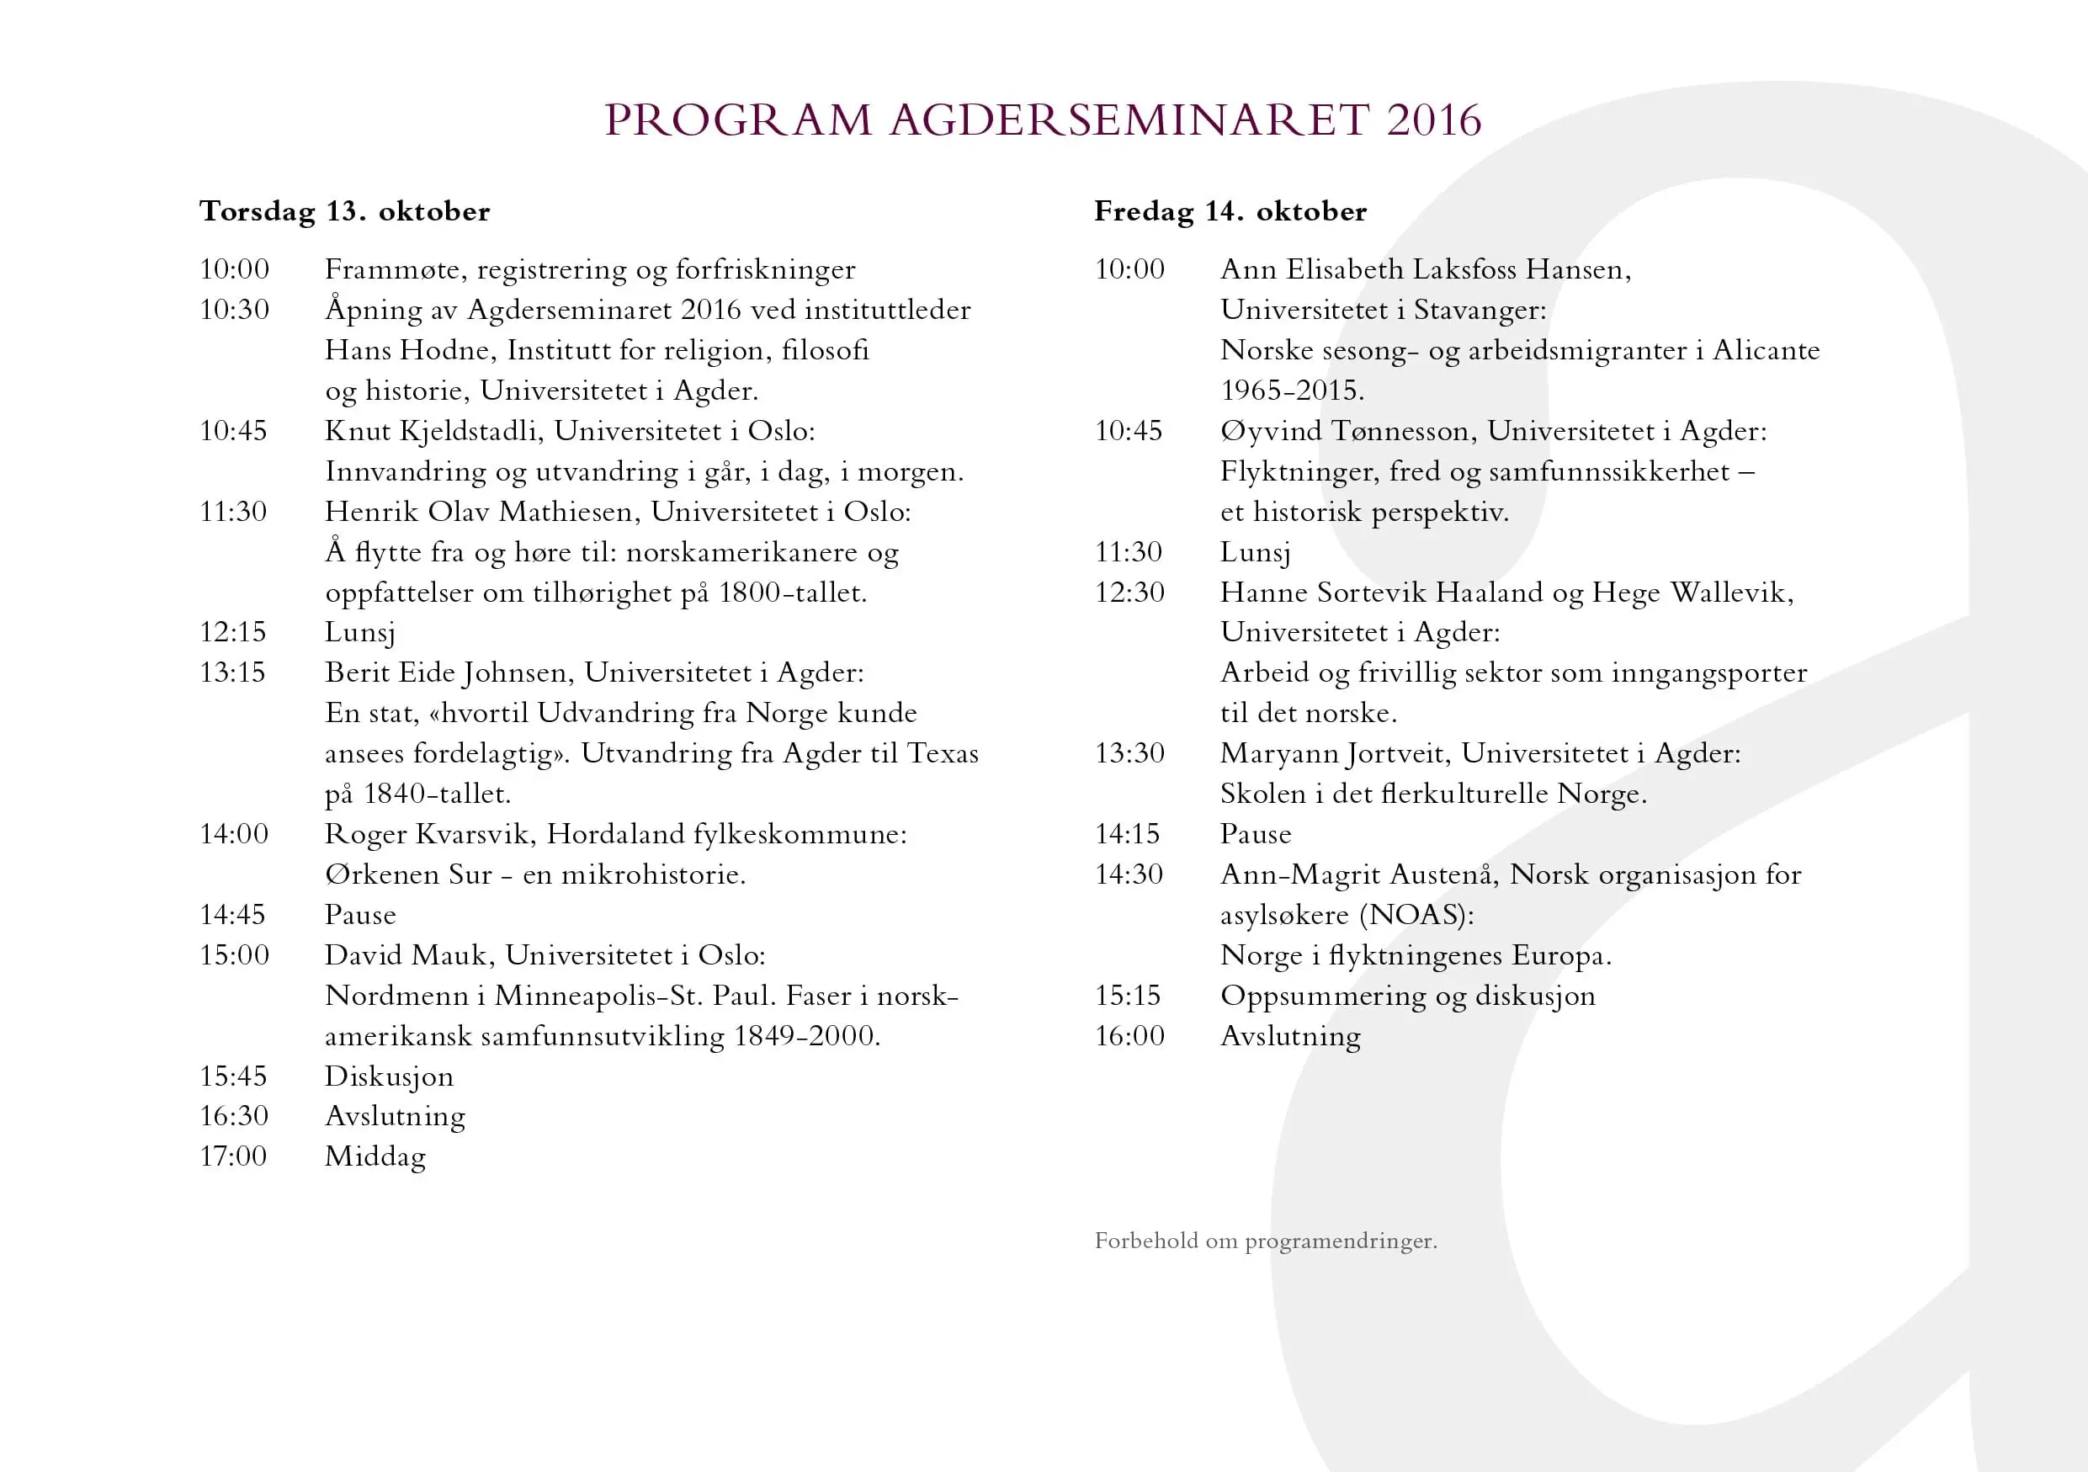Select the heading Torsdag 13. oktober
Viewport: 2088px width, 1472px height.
(345, 211)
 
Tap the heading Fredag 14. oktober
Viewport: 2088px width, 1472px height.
(1230, 211)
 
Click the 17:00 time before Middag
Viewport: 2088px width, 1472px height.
(234, 1156)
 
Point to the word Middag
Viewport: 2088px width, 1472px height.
(375, 1156)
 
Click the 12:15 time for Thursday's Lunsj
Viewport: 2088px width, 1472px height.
(234, 632)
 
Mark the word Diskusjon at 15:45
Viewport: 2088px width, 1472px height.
(389, 1076)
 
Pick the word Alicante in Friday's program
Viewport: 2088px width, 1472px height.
(1766, 350)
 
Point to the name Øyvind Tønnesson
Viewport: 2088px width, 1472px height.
(1344, 431)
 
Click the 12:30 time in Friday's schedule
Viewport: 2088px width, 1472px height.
(1129, 592)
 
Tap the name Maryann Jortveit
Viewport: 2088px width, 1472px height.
(1333, 754)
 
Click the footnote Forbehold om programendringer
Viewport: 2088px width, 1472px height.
(1266, 1241)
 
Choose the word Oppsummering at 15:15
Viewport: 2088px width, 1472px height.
(1323, 996)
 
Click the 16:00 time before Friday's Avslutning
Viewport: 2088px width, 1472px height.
(1129, 1035)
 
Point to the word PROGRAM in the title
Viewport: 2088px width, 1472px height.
(737, 120)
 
